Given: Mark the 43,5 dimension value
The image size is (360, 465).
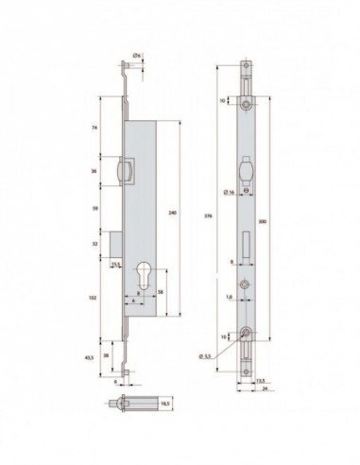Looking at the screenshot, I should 89,357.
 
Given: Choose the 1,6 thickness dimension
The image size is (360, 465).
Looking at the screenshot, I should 231,295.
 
